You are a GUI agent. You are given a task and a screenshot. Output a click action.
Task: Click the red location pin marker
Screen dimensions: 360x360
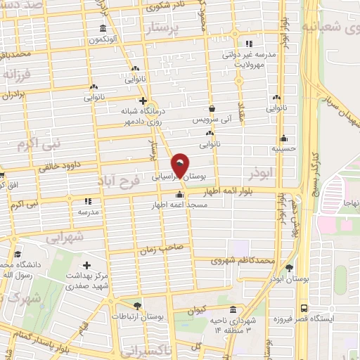point(181,165)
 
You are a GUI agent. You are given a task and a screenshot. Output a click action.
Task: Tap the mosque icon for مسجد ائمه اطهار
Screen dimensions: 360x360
point(180,195)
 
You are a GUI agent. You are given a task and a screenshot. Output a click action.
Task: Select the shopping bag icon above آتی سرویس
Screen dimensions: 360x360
point(212,109)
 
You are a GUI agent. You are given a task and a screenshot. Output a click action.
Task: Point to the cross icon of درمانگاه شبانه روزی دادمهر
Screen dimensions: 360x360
point(142,101)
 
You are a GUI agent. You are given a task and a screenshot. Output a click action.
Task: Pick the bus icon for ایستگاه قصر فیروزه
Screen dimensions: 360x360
point(304,308)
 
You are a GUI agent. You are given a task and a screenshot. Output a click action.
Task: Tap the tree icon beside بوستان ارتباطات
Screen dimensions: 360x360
point(136,306)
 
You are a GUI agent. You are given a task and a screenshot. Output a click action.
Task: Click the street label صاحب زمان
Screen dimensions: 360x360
point(165,247)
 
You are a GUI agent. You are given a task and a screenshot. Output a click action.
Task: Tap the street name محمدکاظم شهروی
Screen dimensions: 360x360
point(241,260)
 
